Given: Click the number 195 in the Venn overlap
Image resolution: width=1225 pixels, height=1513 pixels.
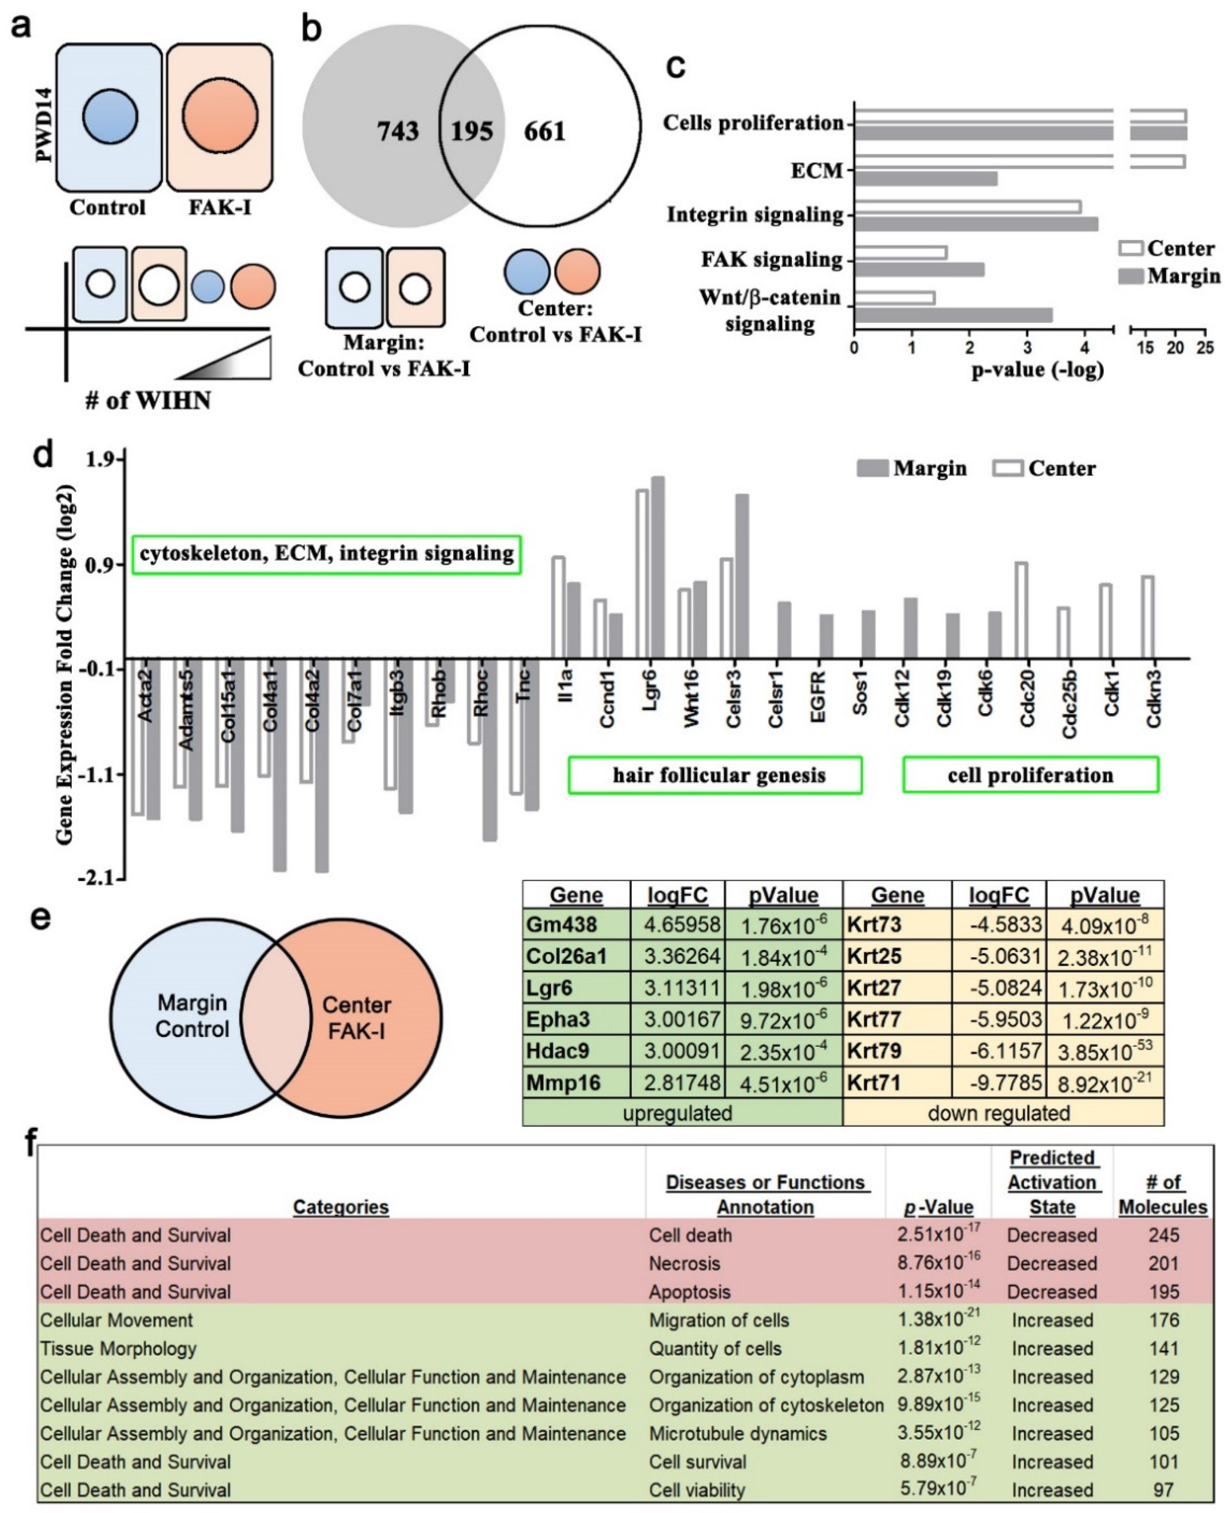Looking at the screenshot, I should point(472,131).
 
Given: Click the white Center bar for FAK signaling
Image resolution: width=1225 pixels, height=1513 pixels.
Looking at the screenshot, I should point(900,252).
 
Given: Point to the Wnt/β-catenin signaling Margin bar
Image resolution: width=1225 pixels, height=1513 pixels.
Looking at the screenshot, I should point(953,315).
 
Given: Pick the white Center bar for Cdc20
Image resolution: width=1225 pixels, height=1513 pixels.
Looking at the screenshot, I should point(1020,610).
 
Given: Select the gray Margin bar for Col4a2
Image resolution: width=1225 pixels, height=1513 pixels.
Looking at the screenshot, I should point(322,766).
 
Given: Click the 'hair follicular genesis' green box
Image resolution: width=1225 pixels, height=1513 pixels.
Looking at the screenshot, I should point(715,776).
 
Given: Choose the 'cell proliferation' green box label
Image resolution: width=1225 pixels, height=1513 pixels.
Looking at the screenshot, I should point(1030,776).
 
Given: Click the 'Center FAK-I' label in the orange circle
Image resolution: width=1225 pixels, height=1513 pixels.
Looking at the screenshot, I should point(357,1018).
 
